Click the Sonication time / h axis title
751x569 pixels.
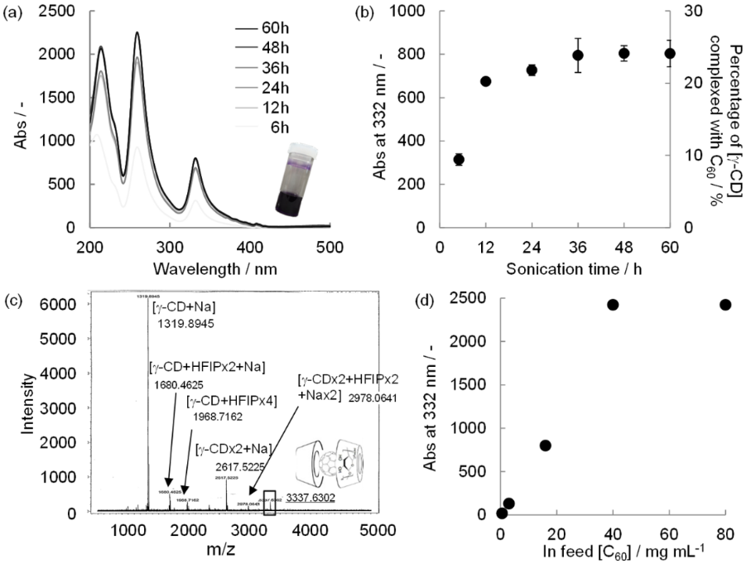554,269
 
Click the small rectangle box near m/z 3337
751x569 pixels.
269,502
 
